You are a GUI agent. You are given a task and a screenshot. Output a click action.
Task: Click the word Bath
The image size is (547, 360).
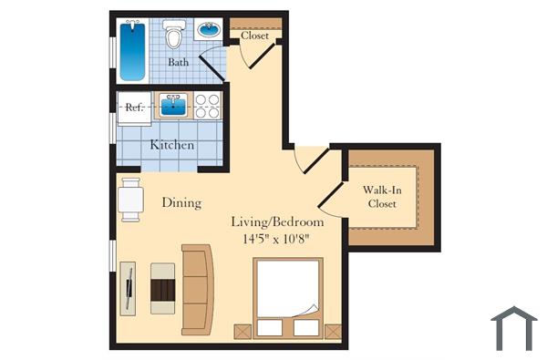pyautogui.click(x=180, y=63)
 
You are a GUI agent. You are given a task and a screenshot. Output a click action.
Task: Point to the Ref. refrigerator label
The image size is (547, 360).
pyautogui.click(x=134, y=106)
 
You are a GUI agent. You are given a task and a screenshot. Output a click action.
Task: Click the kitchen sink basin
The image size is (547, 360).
pyautogui.click(x=174, y=106)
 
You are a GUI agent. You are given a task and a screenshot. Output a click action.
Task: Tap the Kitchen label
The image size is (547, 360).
pyautogui.click(x=171, y=145)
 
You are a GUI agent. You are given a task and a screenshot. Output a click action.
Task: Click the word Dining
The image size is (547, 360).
pyautogui.click(x=181, y=202)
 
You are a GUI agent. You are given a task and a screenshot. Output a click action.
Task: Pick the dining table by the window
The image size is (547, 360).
pyautogui.click(x=131, y=200)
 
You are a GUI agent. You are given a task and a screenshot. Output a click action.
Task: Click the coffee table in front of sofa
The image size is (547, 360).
pyautogui.click(x=162, y=288)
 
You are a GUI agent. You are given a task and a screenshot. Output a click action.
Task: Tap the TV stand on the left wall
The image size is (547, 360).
pyautogui.click(x=128, y=288)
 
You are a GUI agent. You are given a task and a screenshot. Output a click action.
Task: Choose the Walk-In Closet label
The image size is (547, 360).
pyautogui.click(x=384, y=196)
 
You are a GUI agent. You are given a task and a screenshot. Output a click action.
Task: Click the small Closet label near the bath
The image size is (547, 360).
pyautogui.click(x=255, y=36)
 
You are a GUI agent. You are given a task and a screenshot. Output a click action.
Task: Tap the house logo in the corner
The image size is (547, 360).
pyautogui.click(x=513, y=328)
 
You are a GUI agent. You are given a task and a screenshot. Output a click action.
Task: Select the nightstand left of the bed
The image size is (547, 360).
pyautogui.click(x=243, y=331)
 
